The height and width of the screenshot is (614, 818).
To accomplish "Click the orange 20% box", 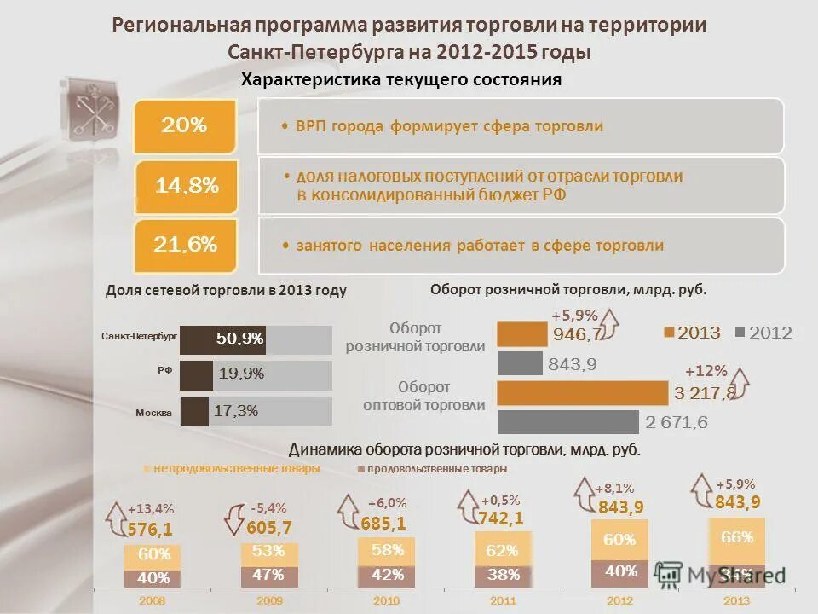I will [184, 126].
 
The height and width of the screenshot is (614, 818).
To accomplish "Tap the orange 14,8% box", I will [187, 186].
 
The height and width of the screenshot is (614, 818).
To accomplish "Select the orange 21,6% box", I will [185, 246].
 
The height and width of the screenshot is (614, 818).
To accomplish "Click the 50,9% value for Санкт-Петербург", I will [239, 339].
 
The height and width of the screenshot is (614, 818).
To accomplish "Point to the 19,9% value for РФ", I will [241, 374].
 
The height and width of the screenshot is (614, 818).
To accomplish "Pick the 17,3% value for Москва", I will [235, 411].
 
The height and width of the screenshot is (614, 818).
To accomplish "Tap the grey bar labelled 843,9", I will [519, 364].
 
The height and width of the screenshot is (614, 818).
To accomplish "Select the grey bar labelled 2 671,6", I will [567, 422].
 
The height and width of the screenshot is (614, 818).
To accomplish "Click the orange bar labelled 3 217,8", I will [582, 393].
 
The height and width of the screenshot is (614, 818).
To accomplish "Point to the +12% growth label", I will [706, 371].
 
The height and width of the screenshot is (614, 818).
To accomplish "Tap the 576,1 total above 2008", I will [150, 528].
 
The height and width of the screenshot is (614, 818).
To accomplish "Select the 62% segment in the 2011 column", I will [503, 550].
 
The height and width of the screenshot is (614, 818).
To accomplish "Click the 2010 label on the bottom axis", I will [386, 601].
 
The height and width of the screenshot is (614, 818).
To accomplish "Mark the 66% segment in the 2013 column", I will [736, 537].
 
